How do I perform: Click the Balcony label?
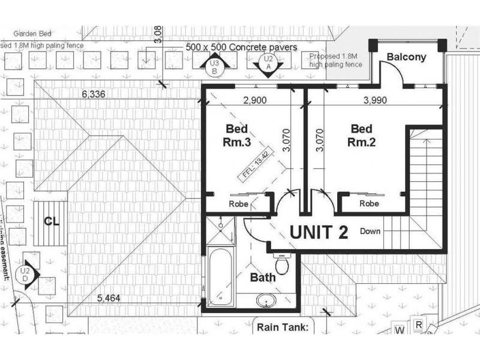pyautogui.click(x=406, y=58)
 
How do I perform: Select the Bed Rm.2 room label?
pyautogui.click(x=361, y=136)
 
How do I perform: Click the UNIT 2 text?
pyautogui.click(x=319, y=232)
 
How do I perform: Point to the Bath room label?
pyautogui.click(x=263, y=277)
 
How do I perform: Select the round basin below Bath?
pyautogui.click(x=265, y=299)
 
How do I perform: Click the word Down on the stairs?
pyautogui.click(x=371, y=231)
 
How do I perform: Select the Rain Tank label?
pyautogui.click(x=282, y=327)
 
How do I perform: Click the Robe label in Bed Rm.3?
pyautogui.click(x=239, y=203)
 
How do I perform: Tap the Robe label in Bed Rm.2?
pyautogui.click(x=369, y=203)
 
